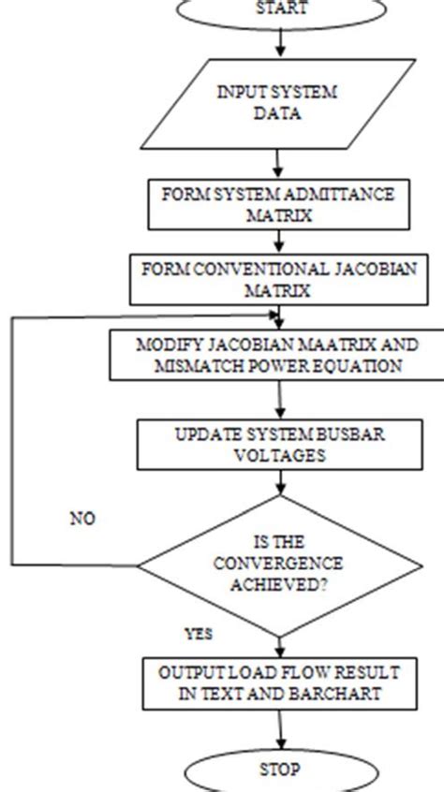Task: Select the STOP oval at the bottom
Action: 281,770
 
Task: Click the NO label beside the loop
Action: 82,517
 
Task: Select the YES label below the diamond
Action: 198,634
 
